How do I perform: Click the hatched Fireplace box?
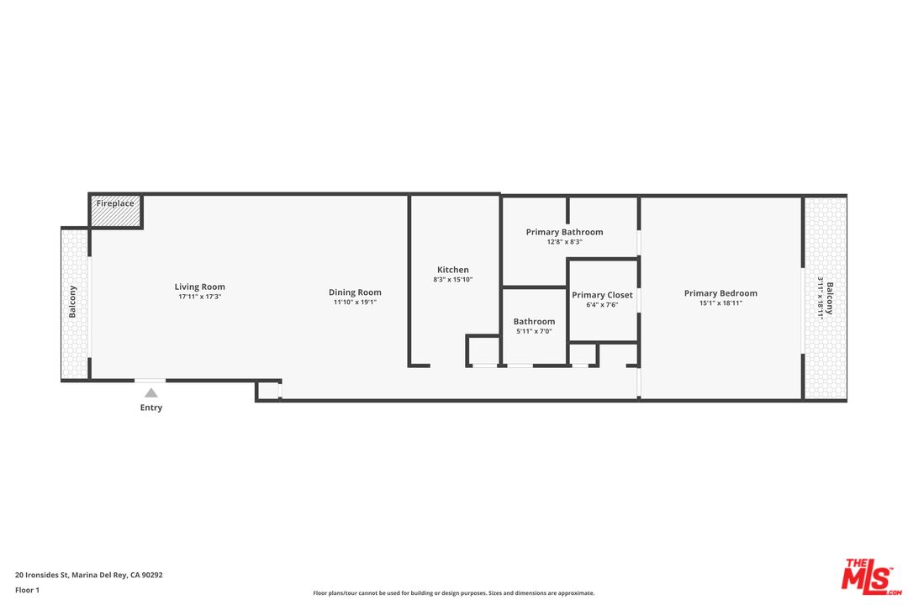(x=115, y=212)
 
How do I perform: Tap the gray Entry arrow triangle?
(x=150, y=392)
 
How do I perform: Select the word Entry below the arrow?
(x=151, y=408)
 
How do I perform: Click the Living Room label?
(x=200, y=287)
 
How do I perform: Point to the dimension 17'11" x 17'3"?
(x=200, y=297)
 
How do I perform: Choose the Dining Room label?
(x=355, y=292)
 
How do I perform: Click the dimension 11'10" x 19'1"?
(x=355, y=302)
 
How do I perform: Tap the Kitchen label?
(x=453, y=270)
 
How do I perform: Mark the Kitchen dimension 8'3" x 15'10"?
(x=453, y=280)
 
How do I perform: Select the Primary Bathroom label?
(x=564, y=232)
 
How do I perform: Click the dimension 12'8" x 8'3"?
(x=564, y=242)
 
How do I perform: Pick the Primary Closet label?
(x=602, y=295)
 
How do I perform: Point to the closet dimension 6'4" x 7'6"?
(x=602, y=305)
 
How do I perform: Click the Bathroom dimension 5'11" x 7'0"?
(x=534, y=332)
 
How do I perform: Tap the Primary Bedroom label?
(x=721, y=293)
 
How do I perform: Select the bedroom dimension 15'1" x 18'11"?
(x=721, y=303)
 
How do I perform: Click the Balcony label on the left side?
(x=73, y=302)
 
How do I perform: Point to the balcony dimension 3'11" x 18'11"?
(x=821, y=298)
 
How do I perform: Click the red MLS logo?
(x=871, y=576)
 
